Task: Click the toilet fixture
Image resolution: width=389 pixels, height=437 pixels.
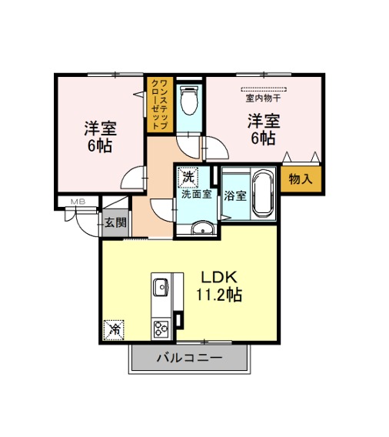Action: (x=189, y=99)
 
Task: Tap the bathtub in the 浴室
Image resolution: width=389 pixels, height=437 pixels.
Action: (x=263, y=194)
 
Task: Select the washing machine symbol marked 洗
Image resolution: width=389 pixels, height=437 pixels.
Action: (x=188, y=177)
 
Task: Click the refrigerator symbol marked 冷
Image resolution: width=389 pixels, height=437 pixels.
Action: (x=114, y=330)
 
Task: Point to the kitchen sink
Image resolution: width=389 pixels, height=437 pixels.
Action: (x=161, y=287)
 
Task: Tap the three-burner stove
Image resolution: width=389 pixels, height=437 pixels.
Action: (x=161, y=329)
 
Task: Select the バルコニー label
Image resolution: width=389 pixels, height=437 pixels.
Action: (x=190, y=358)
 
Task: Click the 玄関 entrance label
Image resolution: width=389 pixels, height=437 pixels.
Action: (x=115, y=222)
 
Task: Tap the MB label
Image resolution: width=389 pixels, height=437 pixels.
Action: (x=78, y=202)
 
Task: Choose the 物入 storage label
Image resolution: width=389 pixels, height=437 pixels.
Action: (x=301, y=178)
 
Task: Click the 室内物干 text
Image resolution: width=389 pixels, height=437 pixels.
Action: (x=263, y=98)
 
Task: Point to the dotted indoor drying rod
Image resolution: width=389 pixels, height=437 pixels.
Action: (x=264, y=89)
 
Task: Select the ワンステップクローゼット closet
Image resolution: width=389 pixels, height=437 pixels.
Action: (x=160, y=105)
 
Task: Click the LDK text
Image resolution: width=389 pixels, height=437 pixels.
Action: (x=219, y=278)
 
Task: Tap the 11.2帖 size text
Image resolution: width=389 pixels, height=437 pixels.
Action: (x=219, y=295)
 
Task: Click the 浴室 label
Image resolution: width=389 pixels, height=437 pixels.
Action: (x=235, y=196)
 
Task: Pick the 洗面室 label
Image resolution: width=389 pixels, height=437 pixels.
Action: (x=197, y=194)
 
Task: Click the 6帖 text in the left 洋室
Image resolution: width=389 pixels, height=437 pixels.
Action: (x=100, y=145)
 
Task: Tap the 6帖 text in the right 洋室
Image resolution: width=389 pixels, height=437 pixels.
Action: (x=263, y=138)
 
